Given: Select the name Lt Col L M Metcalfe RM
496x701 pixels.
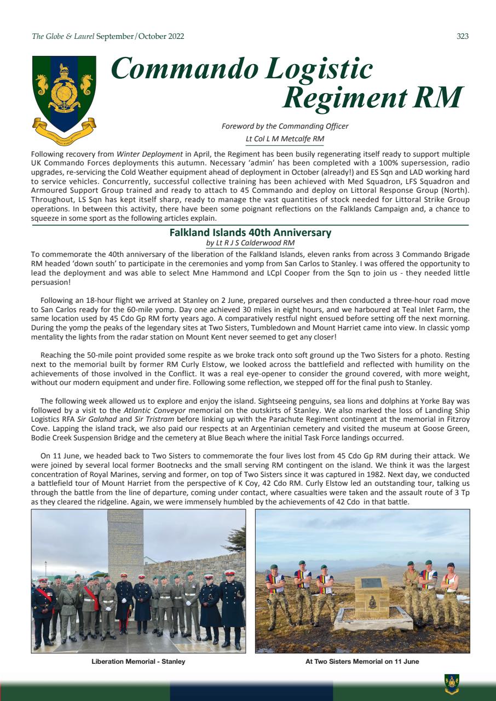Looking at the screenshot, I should tap(285, 139).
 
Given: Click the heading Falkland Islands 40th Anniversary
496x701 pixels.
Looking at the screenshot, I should tap(250, 232).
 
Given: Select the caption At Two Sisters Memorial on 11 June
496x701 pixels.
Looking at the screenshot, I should tap(362, 662).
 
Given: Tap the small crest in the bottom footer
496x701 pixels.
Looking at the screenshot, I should tap(452, 682).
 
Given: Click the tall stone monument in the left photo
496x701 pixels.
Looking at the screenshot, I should tap(125, 542).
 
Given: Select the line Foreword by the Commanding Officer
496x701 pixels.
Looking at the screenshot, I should tap(285, 126).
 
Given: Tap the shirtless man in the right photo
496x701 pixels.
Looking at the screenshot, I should tap(451, 594).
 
